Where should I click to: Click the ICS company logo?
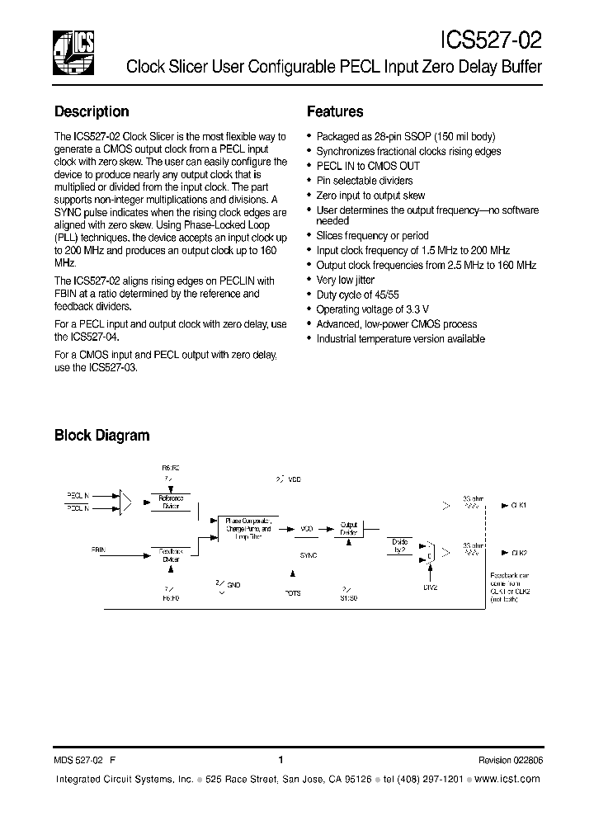[x=73, y=52]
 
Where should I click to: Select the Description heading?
[x=92, y=111]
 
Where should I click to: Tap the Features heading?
[x=335, y=111]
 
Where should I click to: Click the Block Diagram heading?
[x=101, y=435]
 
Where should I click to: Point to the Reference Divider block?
[x=171, y=502]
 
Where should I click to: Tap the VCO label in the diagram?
[x=307, y=528]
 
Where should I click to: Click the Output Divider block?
[x=350, y=528]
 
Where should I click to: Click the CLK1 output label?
[x=519, y=504]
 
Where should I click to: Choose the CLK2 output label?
[x=519, y=553]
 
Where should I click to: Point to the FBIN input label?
[x=98, y=548]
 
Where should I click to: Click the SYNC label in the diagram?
[x=309, y=555]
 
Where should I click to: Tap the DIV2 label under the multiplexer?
[x=430, y=587]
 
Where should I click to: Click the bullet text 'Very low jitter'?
[x=345, y=280]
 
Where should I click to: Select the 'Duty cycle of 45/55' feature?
[x=357, y=295]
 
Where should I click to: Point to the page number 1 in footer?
[x=280, y=760]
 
